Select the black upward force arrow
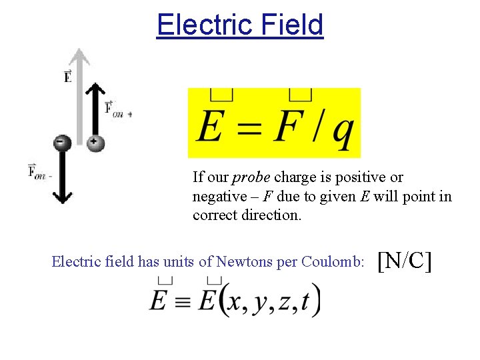coord(95,107)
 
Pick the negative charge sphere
coord(62,142)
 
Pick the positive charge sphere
coord(95,141)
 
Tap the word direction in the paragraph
coord(267,215)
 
